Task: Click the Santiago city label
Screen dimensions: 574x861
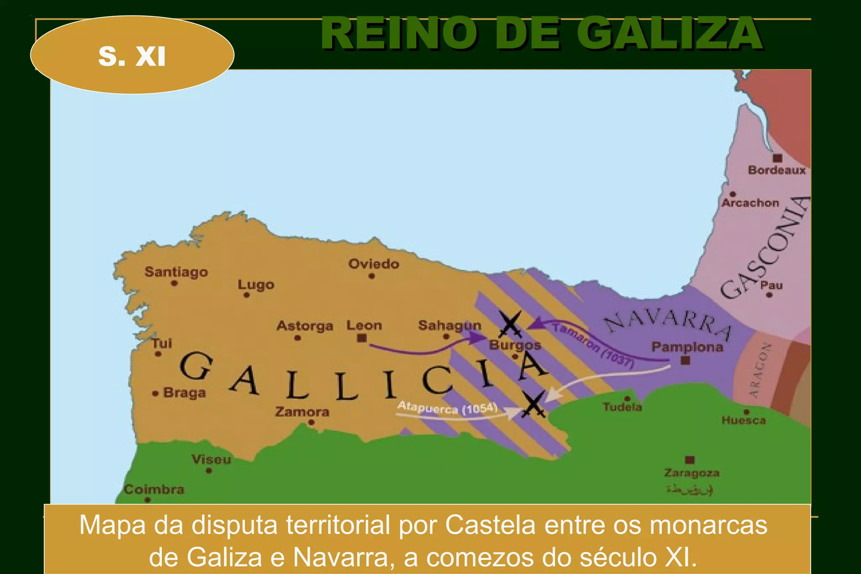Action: click(x=176, y=272)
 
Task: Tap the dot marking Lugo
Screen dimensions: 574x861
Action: click(x=247, y=295)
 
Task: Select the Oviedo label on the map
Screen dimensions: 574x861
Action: click(x=373, y=264)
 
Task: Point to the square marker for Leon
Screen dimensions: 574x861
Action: click(x=362, y=338)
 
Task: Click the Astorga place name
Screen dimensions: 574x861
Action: click(x=305, y=326)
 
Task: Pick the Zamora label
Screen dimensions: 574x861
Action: click(x=302, y=412)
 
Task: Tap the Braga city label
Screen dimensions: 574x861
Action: click(x=184, y=393)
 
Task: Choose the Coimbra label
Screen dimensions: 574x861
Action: click(x=154, y=489)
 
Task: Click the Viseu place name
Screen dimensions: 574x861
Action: click(x=211, y=459)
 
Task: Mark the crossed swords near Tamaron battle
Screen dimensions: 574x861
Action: click(x=510, y=324)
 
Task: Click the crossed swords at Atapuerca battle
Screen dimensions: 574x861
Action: click(x=533, y=404)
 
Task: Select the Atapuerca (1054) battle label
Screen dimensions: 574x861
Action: click(x=447, y=408)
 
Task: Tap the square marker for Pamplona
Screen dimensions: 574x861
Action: click(x=685, y=360)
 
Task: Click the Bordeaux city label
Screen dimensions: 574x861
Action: click(x=776, y=170)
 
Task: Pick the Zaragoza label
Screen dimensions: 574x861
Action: click(x=692, y=473)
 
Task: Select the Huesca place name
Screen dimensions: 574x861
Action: click(x=743, y=420)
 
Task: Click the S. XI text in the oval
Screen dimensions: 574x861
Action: click(x=132, y=56)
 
